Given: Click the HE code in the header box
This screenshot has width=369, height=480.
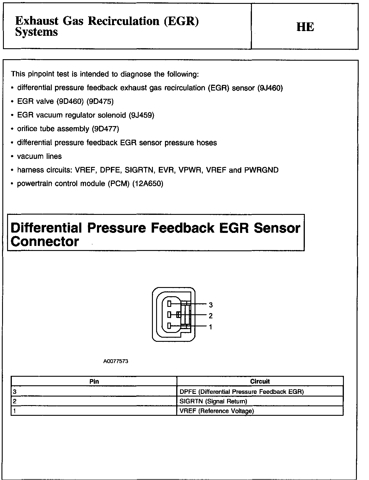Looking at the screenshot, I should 305,27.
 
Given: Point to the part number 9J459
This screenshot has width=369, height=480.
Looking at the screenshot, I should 141,115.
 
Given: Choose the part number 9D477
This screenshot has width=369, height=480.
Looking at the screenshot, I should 105,129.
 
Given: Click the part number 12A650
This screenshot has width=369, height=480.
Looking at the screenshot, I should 148,183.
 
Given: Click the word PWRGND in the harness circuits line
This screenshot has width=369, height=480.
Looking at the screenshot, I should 261,170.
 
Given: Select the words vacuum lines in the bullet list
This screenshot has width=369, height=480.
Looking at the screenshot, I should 39,156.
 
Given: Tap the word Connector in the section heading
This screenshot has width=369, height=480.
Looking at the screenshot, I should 45,241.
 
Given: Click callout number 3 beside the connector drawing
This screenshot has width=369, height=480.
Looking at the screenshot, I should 211,305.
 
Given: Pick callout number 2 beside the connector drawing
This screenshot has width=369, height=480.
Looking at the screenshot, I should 211,316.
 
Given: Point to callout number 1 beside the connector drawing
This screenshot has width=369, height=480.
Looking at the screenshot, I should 211,327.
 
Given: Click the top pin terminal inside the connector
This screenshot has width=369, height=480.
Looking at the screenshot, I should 169,303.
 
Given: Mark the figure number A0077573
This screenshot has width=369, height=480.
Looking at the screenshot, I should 116,361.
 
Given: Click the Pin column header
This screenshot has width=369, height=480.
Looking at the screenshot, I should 94,381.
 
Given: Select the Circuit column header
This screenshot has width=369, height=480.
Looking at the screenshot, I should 260,381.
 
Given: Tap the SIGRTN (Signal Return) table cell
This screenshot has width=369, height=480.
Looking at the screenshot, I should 213,401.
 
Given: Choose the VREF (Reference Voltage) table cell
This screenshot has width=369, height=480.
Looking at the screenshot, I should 217,411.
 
